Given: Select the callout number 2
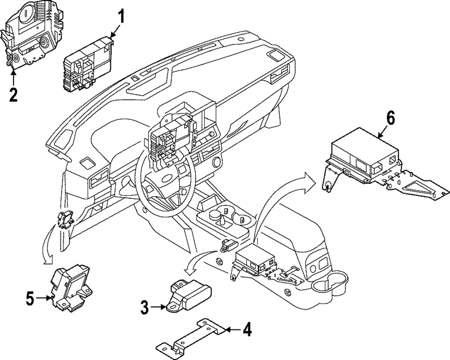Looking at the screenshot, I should pyautogui.click(x=13, y=95).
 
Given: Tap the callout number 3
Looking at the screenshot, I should pyautogui.click(x=144, y=308).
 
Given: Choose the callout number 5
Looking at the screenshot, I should pyautogui.click(x=30, y=297).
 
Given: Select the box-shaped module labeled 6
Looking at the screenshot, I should pyautogui.click(x=364, y=155).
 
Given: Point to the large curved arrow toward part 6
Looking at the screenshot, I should pyautogui.click(x=274, y=198).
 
